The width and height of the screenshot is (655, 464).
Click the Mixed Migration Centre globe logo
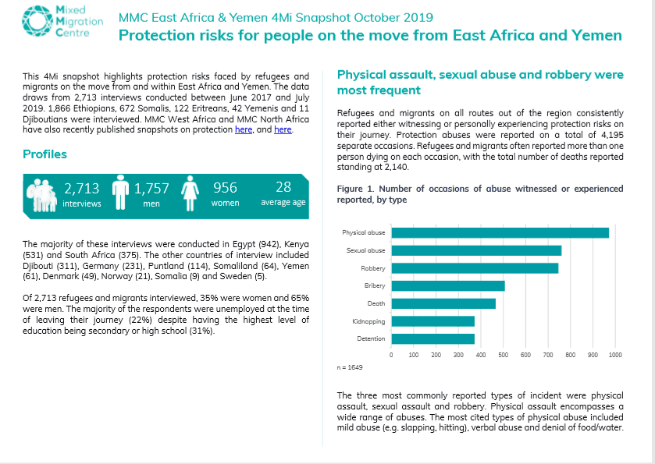[x=37, y=21]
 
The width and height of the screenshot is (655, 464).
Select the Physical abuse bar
[x=500, y=233]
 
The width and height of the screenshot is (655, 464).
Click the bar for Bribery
[x=448, y=286]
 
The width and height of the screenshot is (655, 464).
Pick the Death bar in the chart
[x=443, y=303]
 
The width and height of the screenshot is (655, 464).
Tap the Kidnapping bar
[x=433, y=321]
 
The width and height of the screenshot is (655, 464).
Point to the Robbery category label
[x=373, y=268]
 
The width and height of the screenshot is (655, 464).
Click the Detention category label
[x=371, y=338]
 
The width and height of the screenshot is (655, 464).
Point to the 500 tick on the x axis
[x=503, y=355]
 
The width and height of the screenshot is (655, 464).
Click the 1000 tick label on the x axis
[x=615, y=355]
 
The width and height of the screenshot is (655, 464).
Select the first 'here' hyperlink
[x=244, y=129]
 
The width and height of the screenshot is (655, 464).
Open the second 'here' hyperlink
[x=283, y=129]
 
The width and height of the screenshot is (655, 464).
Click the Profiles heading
[x=44, y=154]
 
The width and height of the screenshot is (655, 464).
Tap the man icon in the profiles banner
[x=120, y=193]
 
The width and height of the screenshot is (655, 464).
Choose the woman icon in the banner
[x=190, y=193]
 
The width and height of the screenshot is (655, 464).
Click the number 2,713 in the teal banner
[x=82, y=189]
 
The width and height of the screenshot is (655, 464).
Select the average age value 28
[x=283, y=187]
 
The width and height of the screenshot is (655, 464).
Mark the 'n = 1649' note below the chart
[x=350, y=367]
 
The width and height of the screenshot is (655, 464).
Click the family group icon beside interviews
[x=41, y=195]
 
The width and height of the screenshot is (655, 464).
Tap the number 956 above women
[x=225, y=188]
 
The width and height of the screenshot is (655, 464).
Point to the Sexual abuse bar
[x=476, y=250]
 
